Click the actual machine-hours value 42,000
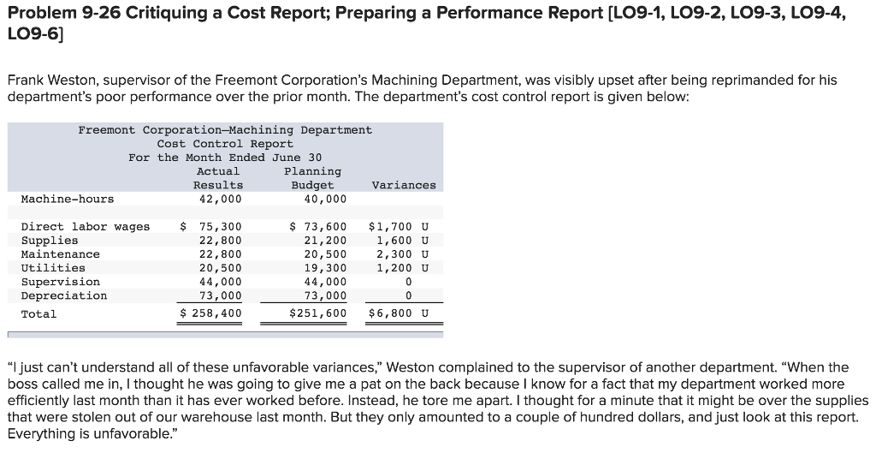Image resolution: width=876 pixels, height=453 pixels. coord(221,199)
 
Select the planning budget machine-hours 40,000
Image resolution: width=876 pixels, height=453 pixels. coord(325,199)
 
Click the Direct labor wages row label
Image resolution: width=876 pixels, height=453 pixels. coord(85,227)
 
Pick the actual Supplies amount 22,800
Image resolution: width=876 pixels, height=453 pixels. coord(221,241)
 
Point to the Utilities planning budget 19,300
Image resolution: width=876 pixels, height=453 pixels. coord(325,268)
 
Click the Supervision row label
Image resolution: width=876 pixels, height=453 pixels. coord(60,282)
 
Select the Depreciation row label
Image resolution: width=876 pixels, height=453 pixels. coord(64,295)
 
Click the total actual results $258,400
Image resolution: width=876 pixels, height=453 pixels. coord(211,313)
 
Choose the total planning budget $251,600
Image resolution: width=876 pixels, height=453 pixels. coord(318,313)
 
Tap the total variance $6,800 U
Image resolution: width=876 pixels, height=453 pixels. coord(398,313)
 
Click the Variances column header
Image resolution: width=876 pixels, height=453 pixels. coord(404,185)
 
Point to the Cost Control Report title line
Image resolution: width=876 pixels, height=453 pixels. coord(225,144)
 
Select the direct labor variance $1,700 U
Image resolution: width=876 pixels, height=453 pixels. coord(398,227)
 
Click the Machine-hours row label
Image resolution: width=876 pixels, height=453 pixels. coord(67,199)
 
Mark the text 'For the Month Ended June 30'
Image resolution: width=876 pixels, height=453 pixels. coord(225,158)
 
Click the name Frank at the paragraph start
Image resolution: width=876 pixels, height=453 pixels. coord(26,80)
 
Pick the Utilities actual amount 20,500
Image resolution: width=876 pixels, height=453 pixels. coord(221,268)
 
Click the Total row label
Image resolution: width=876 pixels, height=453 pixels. coord(38,313)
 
